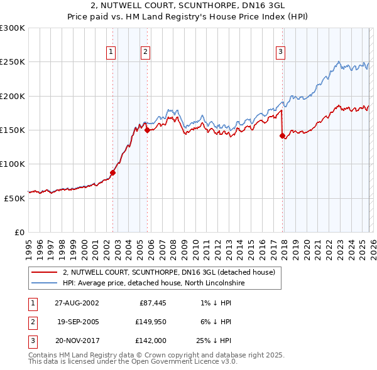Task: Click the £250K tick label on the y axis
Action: pyautogui.click(x=13, y=62)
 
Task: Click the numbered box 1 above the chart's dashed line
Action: pyautogui.click(x=111, y=53)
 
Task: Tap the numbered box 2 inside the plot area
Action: pyautogui.click(x=145, y=53)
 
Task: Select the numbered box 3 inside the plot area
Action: pyautogui.click(x=280, y=53)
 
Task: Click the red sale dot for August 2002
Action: pyautogui.click(x=113, y=172)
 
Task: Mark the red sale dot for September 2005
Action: pyautogui.click(x=147, y=130)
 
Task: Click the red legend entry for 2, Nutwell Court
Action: pyautogui.click(x=169, y=273)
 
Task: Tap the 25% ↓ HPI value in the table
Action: pyautogui.click(x=214, y=341)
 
